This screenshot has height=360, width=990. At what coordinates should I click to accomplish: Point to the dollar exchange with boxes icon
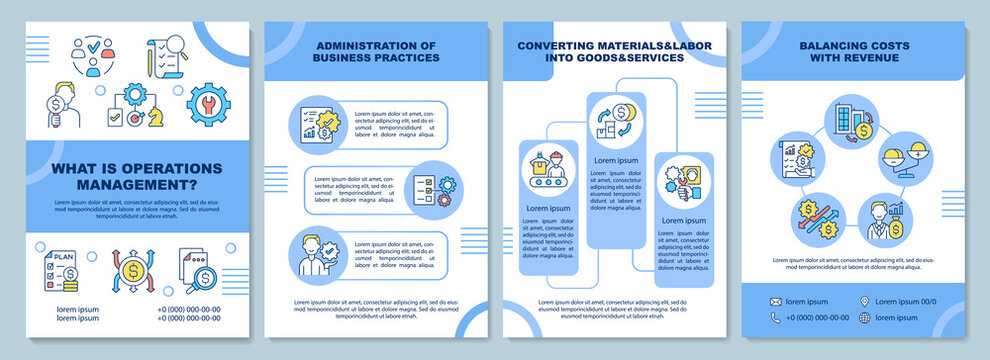click(x=616, y=118)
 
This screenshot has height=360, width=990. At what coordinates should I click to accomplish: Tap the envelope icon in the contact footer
click(x=775, y=300)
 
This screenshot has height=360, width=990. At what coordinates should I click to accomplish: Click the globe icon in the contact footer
click(x=864, y=317)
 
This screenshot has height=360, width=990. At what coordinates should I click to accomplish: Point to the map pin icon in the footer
click(x=864, y=300)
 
